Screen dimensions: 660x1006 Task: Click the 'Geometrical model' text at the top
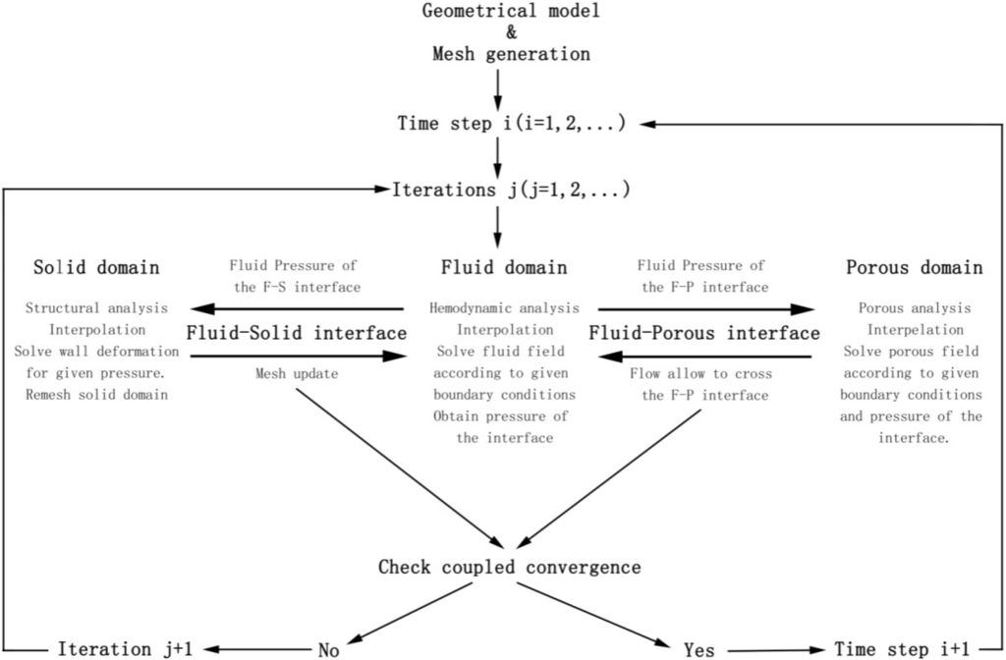pos(511,12)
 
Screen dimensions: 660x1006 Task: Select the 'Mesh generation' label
pos(511,54)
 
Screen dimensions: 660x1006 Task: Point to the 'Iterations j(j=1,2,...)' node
pos(511,189)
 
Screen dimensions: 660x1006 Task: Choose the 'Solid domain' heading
pos(97,267)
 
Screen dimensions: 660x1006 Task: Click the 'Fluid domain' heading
pos(504,267)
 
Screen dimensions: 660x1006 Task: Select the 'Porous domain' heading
pos(914,267)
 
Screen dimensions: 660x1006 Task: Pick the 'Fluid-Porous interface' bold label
pos(704,333)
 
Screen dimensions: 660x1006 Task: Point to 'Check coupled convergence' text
pos(510,567)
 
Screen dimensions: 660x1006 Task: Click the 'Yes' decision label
pos(698,648)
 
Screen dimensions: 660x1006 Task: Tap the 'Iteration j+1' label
pos(117,648)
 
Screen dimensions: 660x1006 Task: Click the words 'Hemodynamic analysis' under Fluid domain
pos(503,308)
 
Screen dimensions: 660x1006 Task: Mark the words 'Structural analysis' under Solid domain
pos(97,308)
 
